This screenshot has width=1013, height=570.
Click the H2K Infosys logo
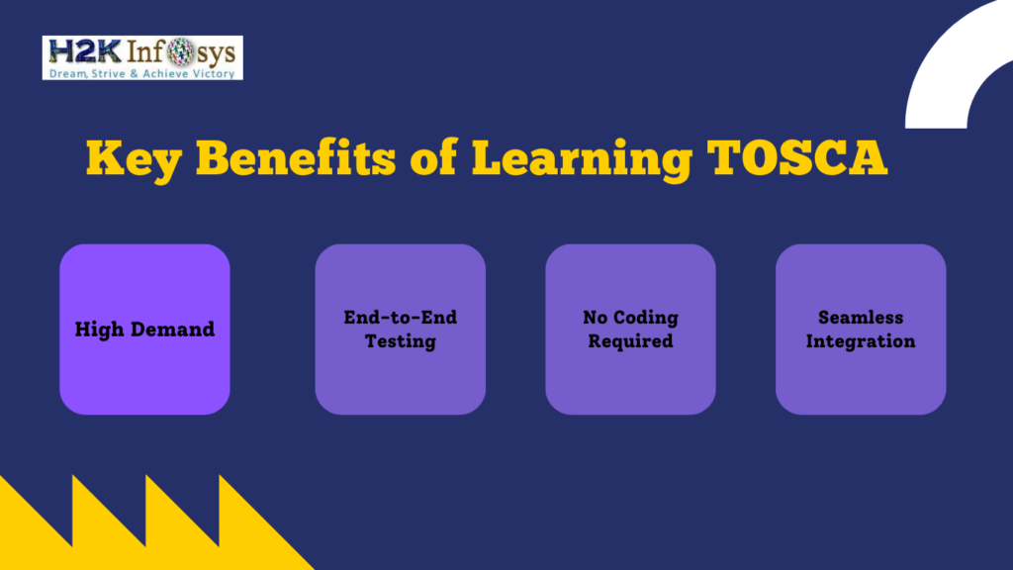point(142,57)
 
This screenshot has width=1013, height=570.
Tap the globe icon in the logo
point(180,51)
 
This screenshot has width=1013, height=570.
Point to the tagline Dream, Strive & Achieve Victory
point(142,73)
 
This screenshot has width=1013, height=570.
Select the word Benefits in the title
point(296,157)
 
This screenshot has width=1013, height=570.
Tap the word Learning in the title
point(582,158)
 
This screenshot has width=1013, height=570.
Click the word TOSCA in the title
point(797,157)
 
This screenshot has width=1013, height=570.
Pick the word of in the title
point(434,157)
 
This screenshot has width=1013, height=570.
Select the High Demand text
point(144,330)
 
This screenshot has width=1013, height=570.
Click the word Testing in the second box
point(401,341)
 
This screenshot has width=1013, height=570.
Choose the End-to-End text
point(401,318)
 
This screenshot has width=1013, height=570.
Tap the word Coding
point(645,318)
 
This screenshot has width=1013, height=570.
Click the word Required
point(630,341)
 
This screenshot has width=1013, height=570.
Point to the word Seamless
point(861,318)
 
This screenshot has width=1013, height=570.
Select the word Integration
point(861,341)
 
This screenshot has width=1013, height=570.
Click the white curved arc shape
point(943,71)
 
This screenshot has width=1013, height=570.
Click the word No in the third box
point(595,318)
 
